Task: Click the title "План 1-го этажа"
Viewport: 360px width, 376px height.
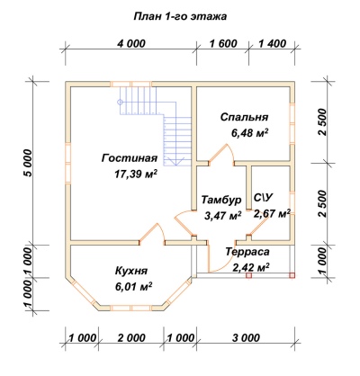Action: (180, 16)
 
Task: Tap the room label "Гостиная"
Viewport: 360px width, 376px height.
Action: (130, 158)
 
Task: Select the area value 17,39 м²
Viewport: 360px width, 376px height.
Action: (136, 174)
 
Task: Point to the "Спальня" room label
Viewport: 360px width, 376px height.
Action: (244, 117)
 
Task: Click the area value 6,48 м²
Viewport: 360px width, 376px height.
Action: (249, 132)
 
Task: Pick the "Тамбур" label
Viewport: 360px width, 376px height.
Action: (221, 200)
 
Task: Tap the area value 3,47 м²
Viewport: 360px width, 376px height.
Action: (223, 215)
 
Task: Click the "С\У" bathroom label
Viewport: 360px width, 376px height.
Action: (263, 198)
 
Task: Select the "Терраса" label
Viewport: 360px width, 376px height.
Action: (247, 252)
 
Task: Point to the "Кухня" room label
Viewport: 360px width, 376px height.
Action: (131, 271)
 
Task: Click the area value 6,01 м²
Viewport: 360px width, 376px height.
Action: (134, 287)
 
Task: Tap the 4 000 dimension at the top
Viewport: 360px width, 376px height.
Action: (131, 44)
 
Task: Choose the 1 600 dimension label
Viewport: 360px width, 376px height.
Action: (223, 44)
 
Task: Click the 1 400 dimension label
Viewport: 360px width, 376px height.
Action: (272, 44)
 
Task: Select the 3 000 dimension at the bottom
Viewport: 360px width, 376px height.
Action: (246, 338)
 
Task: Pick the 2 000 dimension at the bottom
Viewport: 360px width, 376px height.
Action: (131, 338)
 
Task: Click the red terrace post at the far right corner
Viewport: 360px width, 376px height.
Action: (292, 275)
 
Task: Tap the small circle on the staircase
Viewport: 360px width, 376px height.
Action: (120, 102)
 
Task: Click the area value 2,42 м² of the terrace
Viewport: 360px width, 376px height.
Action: (250, 267)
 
